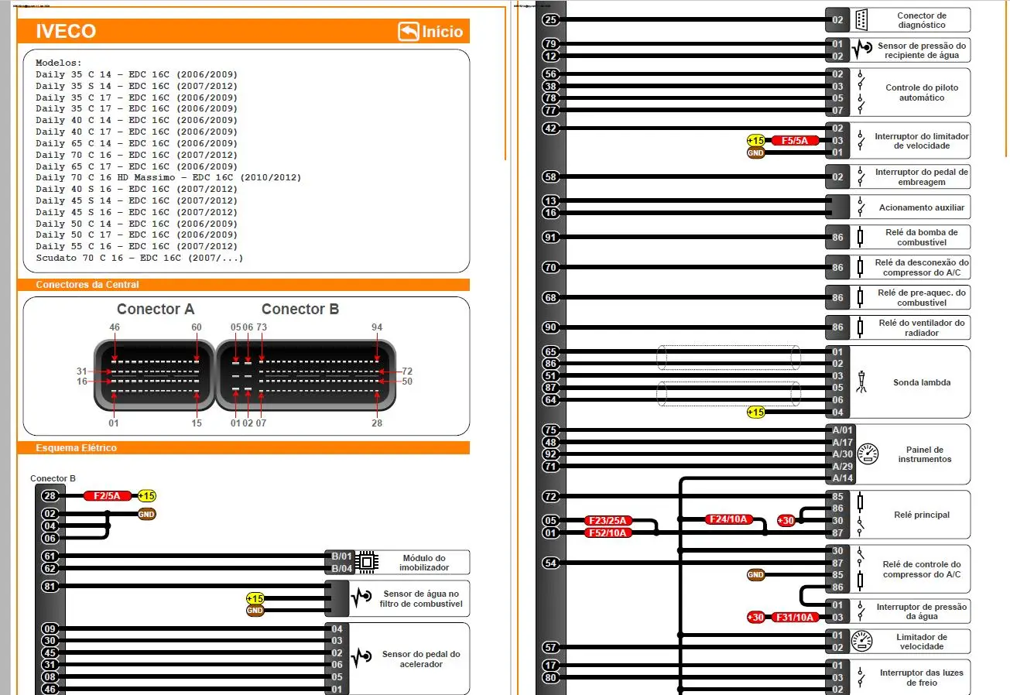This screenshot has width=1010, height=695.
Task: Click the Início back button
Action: click(431, 32)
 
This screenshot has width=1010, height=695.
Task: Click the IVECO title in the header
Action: click(66, 32)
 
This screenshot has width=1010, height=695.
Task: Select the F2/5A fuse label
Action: click(107, 496)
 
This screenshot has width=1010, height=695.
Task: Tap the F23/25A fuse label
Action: click(608, 521)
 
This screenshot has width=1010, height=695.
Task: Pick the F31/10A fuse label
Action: click(794, 617)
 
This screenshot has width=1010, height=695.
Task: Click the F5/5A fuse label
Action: click(794, 141)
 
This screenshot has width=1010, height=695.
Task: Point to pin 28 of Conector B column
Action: click(50, 496)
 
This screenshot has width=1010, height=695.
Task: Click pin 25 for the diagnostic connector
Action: click(550, 20)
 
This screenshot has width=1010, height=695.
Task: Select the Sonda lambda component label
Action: click(921, 382)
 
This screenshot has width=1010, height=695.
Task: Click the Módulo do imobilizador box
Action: click(423, 563)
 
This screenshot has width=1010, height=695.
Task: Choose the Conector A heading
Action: click(156, 309)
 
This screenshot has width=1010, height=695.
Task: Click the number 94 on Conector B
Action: click(377, 327)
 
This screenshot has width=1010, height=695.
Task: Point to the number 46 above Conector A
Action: click(115, 327)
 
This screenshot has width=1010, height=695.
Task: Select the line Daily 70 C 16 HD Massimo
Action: click(168, 178)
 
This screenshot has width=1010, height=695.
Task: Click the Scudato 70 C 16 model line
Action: click(139, 258)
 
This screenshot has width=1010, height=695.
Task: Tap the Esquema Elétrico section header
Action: click(76, 448)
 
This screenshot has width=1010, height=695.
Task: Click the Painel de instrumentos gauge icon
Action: click(868, 454)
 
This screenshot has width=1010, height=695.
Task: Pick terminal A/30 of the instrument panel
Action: click(842, 454)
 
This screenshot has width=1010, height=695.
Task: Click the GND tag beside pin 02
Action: click(146, 514)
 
